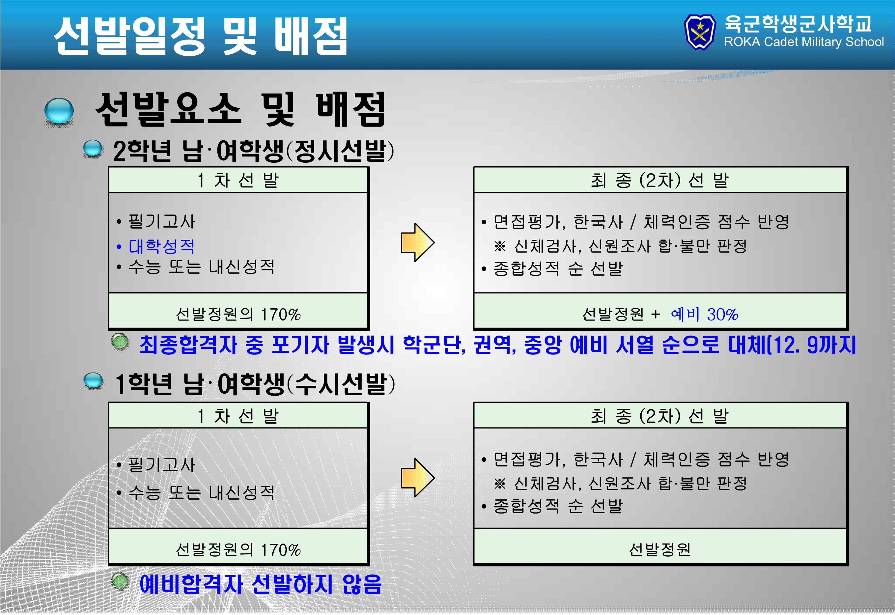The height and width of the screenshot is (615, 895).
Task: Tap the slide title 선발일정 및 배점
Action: [x=201, y=36]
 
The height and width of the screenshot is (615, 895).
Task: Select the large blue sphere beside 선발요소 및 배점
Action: [x=59, y=111]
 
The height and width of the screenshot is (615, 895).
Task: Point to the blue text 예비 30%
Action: [x=704, y=315]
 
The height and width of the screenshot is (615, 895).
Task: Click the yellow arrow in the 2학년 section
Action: [x=417, y=242]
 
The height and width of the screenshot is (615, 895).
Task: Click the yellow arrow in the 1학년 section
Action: [x=417, y=478]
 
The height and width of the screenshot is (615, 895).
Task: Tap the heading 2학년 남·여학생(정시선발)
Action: [x=254, y=151]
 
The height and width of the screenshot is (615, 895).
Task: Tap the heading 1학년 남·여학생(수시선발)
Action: [x=255, y=384]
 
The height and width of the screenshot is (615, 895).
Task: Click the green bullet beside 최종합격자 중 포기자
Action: [x=120, y=341]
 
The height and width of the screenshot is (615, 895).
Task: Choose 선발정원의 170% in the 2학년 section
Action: [x=238, y=315]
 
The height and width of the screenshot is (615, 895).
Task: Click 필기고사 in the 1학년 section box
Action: [x=161, y=465]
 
